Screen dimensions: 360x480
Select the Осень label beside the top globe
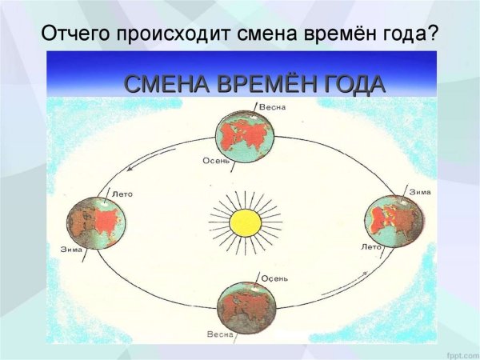(216, 160)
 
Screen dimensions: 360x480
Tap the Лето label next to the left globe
(122, 194)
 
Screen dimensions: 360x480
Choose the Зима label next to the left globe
(71, 250)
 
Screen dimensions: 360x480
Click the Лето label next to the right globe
(371, 246)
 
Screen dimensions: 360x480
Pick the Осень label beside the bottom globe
(274, 278)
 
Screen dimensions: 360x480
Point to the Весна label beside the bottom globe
(220, 334)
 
